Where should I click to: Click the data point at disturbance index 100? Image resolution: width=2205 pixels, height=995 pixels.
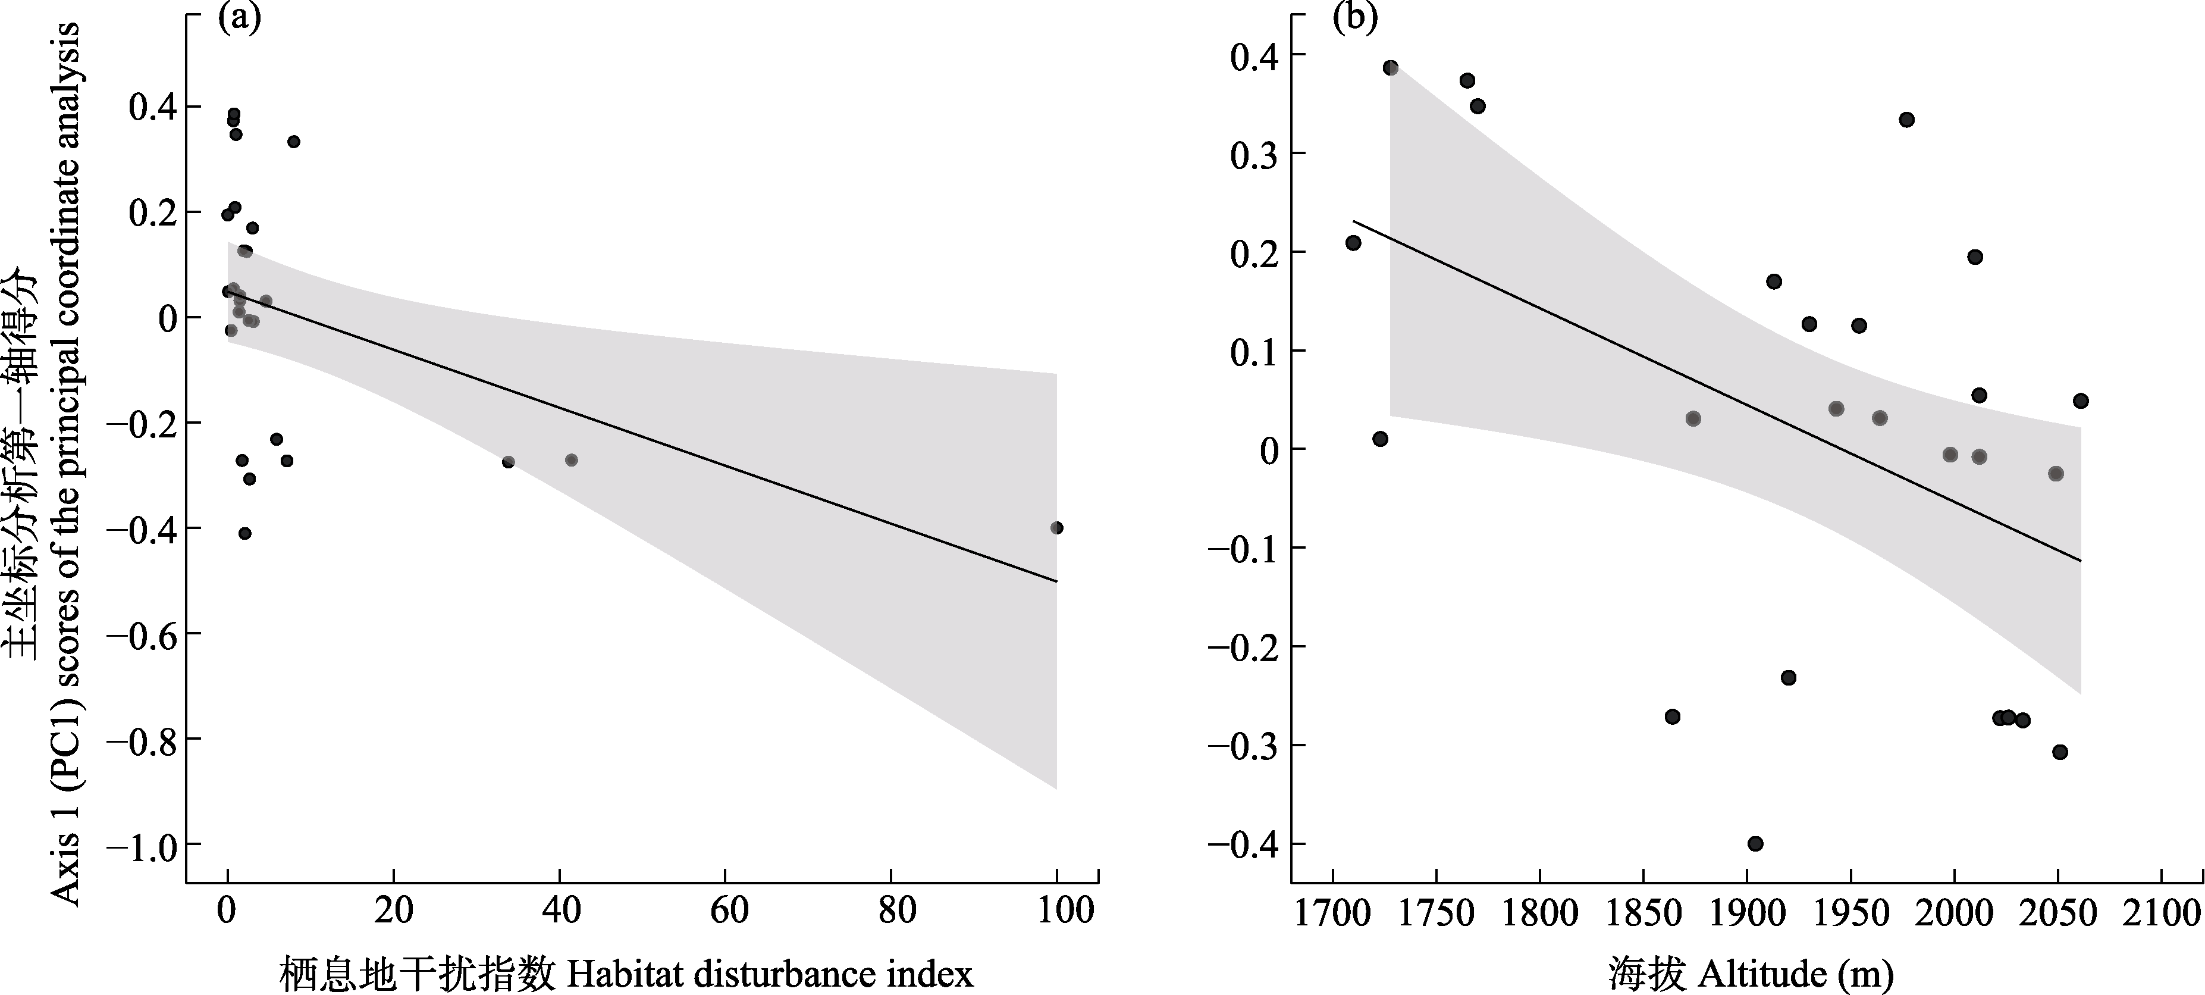tap(1056, 527)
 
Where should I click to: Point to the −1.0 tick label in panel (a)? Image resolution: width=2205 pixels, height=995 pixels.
tap(140, 844)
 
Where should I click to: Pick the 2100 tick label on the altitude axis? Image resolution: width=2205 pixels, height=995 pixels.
tap(2160, 913)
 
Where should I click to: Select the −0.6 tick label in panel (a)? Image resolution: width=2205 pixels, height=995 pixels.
tap(140, 634)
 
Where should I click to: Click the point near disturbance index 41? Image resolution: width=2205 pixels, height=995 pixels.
tap(571, 460)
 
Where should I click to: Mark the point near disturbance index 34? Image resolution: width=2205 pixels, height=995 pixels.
tap(507, 462)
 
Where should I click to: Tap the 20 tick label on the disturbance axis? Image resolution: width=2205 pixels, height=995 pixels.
tap(394, 909)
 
